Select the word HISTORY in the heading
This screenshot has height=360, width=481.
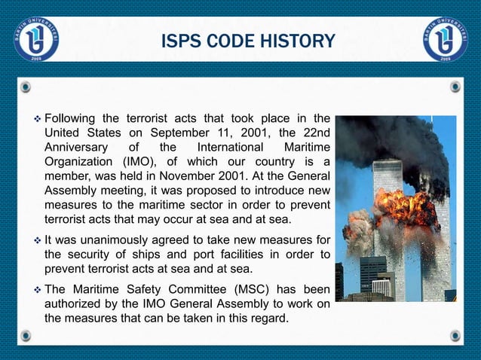tap(296, 40)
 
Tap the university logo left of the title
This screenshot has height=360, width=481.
tap(35, 38)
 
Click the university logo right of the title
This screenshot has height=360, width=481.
tap(445, 38)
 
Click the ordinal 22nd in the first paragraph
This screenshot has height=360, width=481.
tap(312, 133)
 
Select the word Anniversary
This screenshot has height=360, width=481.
tap(78, 147)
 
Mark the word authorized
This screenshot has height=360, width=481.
tap(73, 304)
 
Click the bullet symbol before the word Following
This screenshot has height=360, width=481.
tap(35, 118)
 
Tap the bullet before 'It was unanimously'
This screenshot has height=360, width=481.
tap(35, 240)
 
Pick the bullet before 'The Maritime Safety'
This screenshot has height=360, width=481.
tap(35, 290)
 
